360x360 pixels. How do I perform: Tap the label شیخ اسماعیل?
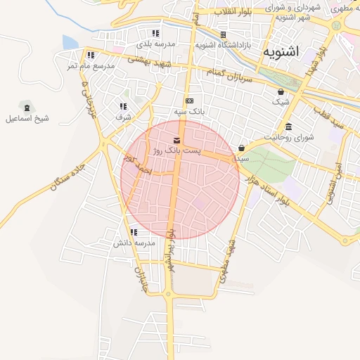pos(28,119)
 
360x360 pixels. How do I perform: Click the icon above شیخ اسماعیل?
pos(27,108)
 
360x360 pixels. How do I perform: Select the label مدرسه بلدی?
pos(155,44)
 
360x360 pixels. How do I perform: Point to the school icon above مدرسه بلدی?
pos(155,33)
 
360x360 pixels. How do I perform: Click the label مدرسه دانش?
pos(134,243)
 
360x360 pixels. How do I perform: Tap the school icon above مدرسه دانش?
pos(134,232)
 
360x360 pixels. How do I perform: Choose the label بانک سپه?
pos(190,112)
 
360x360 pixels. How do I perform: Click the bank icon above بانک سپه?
pos(189,101)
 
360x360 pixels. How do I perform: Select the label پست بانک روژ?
pos(176,150)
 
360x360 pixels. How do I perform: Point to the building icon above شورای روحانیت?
pos(289,127)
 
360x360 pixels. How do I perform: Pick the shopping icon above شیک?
pos(281,91)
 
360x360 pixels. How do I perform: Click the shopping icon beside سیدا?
pos(242,148)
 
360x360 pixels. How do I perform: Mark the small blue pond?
pos(70,44)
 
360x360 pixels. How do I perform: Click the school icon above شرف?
pos(124,106)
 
